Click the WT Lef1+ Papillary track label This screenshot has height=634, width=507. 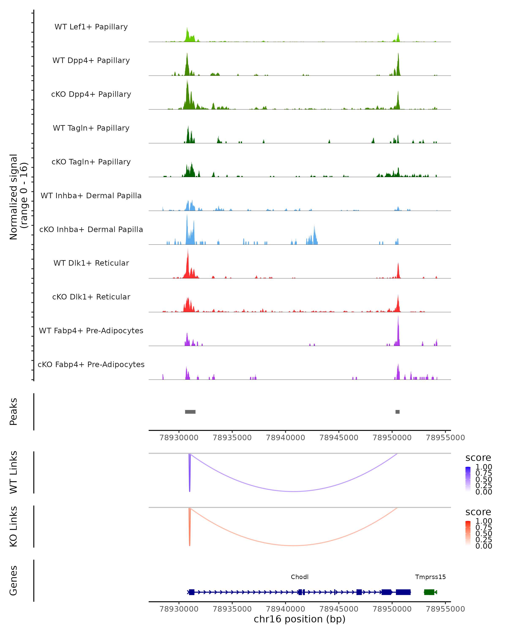[91, 27]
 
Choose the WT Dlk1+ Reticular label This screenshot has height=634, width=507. [91, 263]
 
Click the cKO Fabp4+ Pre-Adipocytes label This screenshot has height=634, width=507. [91, 364]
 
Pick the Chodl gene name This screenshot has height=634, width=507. [300, 577]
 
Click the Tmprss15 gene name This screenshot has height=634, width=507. [430, 577]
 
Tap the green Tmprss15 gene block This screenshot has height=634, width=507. [429, 592]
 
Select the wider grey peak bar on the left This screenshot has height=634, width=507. [190, 412]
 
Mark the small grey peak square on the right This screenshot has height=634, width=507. [397, 412]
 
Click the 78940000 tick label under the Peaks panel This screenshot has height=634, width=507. [285, 438]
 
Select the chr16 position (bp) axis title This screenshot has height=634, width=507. [300, 619]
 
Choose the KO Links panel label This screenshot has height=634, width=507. [14, 526]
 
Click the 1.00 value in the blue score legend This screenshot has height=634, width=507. [484, 467]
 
